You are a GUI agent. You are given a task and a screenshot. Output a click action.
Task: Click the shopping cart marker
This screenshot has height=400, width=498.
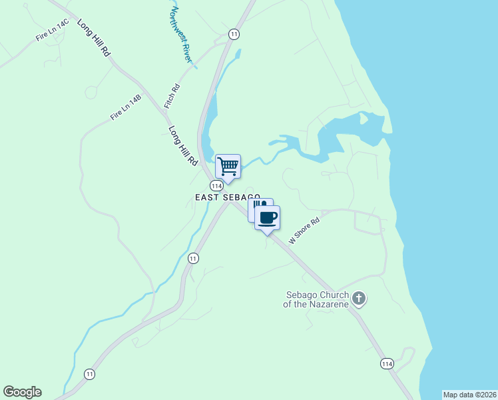point(228,166)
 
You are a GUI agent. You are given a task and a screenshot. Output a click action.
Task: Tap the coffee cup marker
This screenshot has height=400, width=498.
point(268,218)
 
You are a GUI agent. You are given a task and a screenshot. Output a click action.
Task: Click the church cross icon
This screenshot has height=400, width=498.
point(359,298)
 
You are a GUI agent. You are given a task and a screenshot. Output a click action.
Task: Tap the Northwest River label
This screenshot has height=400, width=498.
point(180,35)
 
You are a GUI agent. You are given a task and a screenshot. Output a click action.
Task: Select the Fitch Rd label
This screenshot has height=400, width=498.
point(172,97)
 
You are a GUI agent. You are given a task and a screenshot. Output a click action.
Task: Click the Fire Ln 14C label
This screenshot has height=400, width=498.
point(53,32)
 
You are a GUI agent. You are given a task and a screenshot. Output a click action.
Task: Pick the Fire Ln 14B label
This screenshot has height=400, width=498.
point(126,107)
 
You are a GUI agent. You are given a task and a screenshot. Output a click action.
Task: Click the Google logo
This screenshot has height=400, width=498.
point(22,392)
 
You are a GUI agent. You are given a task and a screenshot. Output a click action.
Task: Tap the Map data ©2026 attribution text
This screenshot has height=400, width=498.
point(469,395)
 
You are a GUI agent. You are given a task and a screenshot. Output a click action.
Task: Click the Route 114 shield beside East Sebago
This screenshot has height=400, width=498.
point(216,185)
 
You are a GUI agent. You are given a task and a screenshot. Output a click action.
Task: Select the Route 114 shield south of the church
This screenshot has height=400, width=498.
point(387,363)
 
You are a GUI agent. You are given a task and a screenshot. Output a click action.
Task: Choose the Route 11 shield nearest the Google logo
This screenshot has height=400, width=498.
point(89,374)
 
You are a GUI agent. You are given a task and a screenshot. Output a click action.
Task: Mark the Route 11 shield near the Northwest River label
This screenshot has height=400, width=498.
point(233,33)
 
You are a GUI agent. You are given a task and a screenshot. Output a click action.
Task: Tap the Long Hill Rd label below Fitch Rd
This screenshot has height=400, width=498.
point(184,146)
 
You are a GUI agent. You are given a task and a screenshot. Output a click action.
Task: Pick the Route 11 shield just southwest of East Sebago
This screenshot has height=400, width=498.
point(193,258)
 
